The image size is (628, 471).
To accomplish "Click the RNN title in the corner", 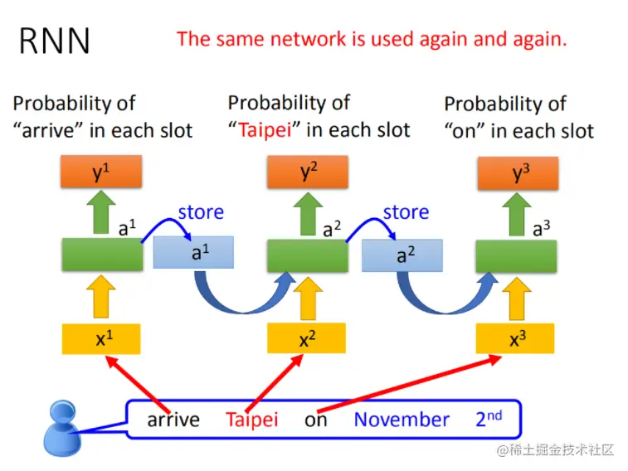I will [55, 41].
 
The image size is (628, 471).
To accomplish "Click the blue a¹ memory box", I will [195, 253].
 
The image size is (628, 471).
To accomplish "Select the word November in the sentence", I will [402, 420].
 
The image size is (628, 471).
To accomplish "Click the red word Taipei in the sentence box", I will [251, 420].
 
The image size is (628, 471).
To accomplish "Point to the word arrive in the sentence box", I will [173, 420].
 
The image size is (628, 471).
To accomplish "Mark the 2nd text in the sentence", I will [489, 418].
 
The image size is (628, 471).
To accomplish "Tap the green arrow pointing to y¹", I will [101, 214].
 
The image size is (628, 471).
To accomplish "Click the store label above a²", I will [406, 212].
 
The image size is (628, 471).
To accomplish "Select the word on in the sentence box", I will [316, 420].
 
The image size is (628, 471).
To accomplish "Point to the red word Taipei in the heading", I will [265, 130].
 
